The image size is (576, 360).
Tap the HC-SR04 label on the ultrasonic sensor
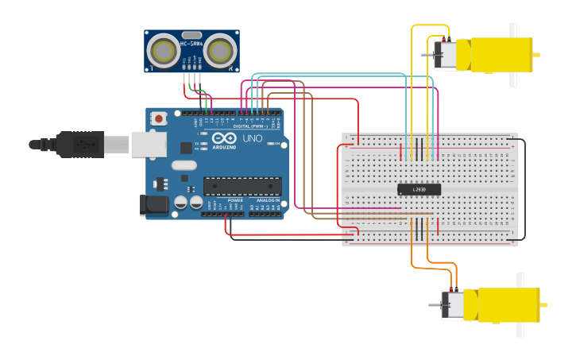pos(191,44)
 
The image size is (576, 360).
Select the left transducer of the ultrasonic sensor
pos(164,51)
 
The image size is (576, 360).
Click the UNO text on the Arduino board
pos(252,138)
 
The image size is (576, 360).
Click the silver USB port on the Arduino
pos(149,144)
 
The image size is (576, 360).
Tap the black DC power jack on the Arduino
pos(154,205)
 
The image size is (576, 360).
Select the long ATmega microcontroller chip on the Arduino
pos(242,187)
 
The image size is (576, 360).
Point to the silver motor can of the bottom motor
pos(453,305)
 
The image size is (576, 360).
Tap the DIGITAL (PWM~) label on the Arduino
pos(250,126)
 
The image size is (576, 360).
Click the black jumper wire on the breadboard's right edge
pos(524,189)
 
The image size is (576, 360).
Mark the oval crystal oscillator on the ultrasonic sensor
pos(191,35)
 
